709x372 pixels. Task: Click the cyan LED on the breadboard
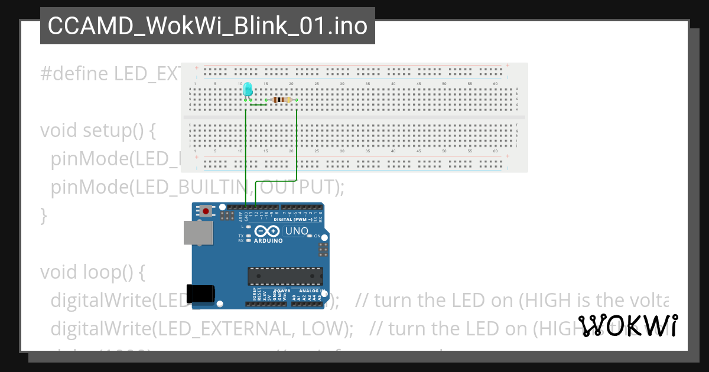pos(248,90)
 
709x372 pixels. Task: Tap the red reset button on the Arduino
pos(206,211)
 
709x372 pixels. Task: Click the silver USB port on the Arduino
pos(198,233)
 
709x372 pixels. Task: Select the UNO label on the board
pos(297,231)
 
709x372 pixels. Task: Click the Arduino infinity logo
pos(268,231)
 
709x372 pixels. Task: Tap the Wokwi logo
pos(628,326)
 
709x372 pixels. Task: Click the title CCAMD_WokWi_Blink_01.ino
pos(207,26)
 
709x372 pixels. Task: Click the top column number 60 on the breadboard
pos(495,84)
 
